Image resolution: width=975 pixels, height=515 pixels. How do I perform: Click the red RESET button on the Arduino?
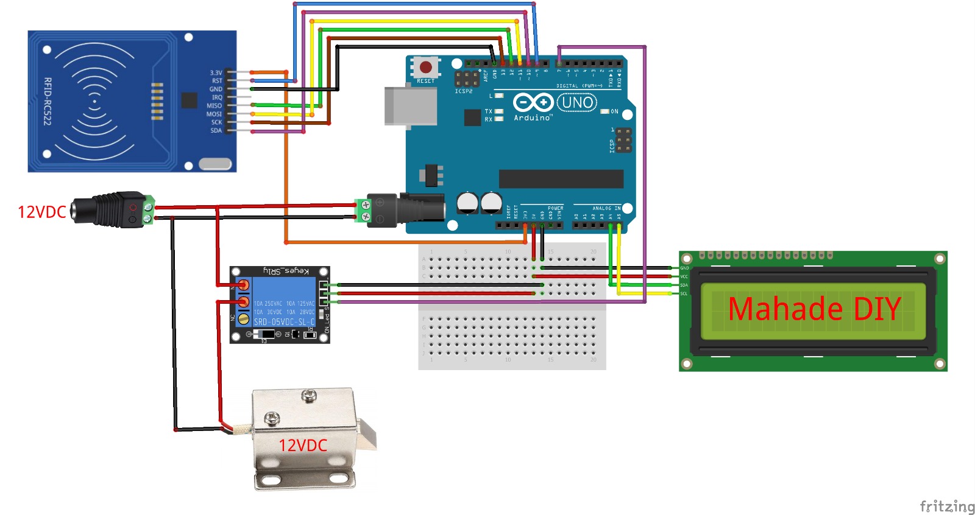pyautogui.click(x=426, y=67)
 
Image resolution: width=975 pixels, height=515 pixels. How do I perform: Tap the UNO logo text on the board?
pyautogui.click(x=577, y=102)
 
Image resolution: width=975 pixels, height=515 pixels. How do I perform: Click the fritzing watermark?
pyautogui.click(x=946, y=506)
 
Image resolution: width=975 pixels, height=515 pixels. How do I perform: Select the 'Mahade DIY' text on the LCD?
pyautogui.click(x=814, y=309)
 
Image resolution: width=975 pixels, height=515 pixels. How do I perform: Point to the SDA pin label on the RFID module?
pyautogui.click(x=216, y=130)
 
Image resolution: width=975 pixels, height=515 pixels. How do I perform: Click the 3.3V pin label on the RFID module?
pyautogui.click(x=216, y=72)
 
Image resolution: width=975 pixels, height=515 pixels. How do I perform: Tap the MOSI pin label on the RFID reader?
pyautogui.click(x=214, y=114)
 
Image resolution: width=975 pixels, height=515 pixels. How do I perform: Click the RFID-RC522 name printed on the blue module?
pyautogui.click(x=48, y=101)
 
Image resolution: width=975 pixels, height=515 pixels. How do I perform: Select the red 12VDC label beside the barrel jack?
pyautogui.click(x=41, y=212)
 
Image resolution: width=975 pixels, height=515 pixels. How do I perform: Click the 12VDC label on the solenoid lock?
pyautogui.click(x=303, y=446)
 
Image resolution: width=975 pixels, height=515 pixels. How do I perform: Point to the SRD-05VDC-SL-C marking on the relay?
pyautogui.click(x=284, y=321)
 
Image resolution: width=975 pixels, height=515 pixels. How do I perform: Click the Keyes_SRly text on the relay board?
pyautogui.click(x=286, y=271)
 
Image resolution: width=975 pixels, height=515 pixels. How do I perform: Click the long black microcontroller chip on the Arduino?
pyautogui.click(x=561, y=179)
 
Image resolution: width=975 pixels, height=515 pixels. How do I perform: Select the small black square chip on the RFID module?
pyautogui.click(x=189, y=100)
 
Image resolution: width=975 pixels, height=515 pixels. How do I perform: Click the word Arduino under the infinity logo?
pyautogui.click(x=533, y=117)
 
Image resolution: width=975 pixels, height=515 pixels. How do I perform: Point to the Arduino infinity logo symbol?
pyautogui.click(x=533, y=102)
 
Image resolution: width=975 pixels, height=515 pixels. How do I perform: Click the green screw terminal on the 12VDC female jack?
pyautogui.click(x=148, y=210)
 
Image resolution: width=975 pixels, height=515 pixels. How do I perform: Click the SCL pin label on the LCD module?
pyautogui.click(x=684, y=294)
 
